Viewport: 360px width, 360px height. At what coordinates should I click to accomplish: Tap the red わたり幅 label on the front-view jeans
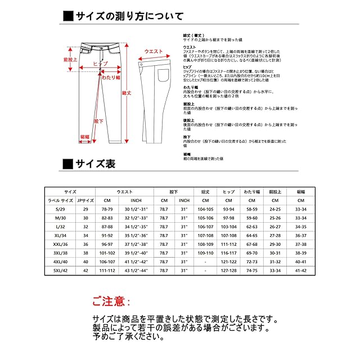click(x=110, y=77)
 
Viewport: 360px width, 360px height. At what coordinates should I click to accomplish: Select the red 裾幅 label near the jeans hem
click(x=84, y=137)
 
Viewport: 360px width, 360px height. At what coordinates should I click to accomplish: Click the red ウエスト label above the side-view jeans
click(x=154, y=51)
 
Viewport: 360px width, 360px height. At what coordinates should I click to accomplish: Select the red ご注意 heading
click(x=110, y=302)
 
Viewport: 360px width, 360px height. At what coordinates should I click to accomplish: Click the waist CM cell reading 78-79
click(x=107, y=209)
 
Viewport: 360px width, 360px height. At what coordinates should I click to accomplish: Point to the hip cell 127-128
click(x=229, y=270)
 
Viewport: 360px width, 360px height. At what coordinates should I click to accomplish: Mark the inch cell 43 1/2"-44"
click(x=139, y=270)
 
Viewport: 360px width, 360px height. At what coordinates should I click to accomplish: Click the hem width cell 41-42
click(x=300, y=270)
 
